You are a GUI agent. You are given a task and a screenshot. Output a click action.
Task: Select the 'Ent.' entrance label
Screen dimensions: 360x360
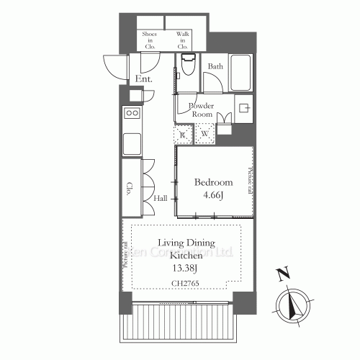pos(141,78)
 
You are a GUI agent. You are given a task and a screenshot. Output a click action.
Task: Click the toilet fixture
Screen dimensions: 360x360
pos(189,66)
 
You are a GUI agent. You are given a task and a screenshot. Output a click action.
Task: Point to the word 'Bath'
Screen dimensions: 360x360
pos(215,66)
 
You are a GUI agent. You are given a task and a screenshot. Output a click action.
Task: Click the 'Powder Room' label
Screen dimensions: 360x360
pos(200,109)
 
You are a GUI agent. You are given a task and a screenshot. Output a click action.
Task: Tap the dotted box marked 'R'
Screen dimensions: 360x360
pos(184,134)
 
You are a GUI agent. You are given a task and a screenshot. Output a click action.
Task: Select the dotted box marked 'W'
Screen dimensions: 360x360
pos(204,134)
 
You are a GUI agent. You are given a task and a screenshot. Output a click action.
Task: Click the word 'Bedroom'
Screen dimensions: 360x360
pos(214,182)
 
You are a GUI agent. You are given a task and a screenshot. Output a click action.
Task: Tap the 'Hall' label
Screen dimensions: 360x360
pos(161,197)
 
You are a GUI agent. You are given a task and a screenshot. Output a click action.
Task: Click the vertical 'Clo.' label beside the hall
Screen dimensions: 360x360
pos(130,189)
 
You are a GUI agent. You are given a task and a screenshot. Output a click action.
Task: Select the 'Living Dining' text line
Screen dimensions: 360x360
pos(186,244)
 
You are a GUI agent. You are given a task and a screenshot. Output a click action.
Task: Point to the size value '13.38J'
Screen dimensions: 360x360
pos(186,270)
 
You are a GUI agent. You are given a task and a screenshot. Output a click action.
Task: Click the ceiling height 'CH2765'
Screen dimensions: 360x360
pos(186,284)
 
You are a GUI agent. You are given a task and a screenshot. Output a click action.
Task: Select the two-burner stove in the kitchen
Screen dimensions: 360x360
pos(132,113)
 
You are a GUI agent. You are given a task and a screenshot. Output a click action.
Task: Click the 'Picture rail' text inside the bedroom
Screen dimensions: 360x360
pos(251,181)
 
